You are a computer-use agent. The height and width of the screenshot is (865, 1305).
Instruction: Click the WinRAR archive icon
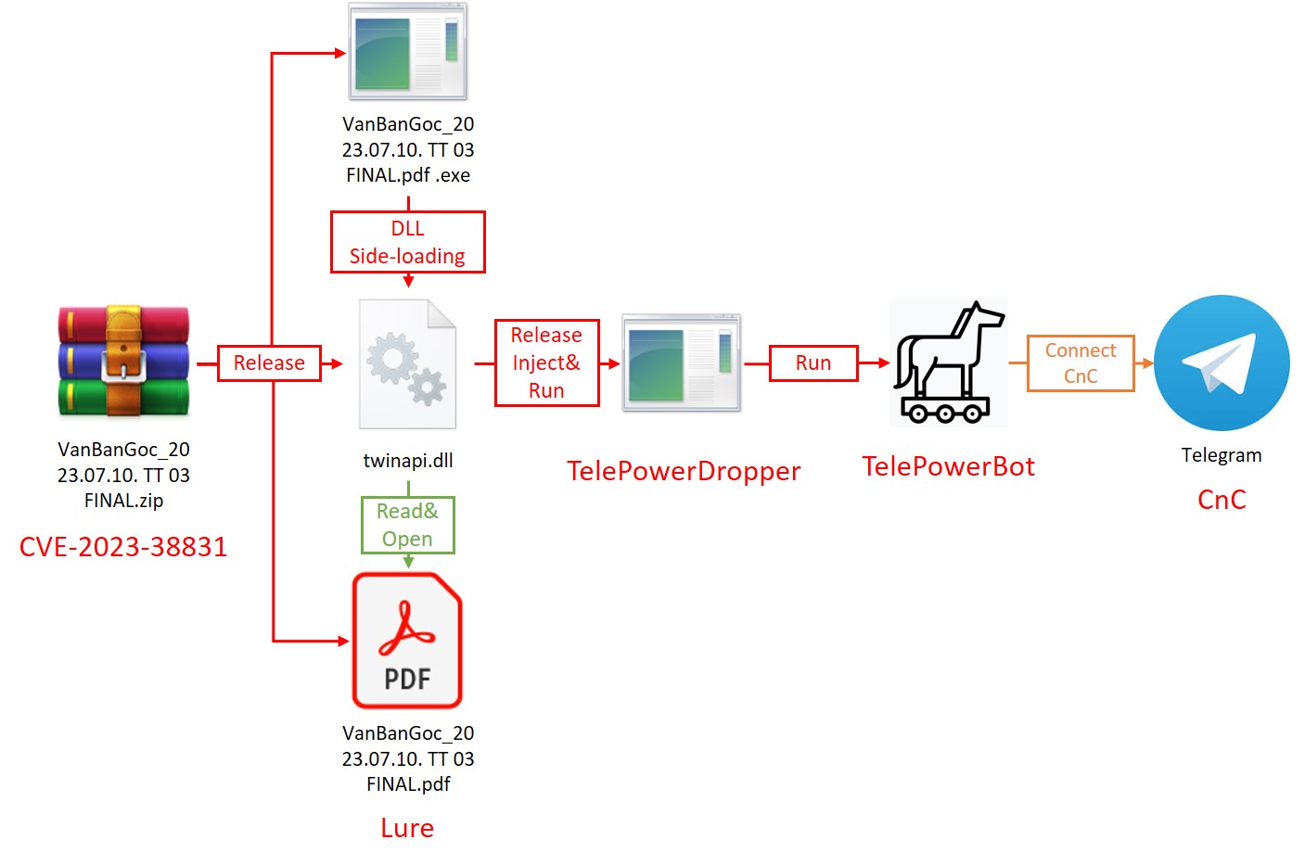pyautogui.click(x=123, y=362)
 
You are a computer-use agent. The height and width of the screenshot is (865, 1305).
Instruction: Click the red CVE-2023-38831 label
pyautogui.click(x=123, y=547)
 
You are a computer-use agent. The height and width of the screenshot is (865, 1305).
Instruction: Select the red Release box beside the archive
pyautogui.click(x=269, y=363)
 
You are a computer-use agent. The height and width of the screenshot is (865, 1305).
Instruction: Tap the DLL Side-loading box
pyautogui.click(x=407, y=242)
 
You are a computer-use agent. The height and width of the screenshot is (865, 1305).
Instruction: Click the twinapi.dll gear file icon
pyautogui.click(x=408, y=363)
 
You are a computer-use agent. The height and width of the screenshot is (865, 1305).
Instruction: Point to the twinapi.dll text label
pyautogui.click(x=408, y=461)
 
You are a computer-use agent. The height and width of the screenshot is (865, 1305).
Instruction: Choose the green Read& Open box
pyautogui.click(x=407, y=525)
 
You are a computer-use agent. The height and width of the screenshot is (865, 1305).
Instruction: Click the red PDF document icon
pyautogui.click(x=407, y=641)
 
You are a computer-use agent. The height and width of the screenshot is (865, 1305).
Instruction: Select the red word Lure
pyautogui.click(x=407, y=828)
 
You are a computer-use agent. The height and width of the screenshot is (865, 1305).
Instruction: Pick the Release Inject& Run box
pyautogui.click(x=546, y=363)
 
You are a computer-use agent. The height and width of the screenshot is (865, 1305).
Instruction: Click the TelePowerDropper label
pyautogui.click(x=684, y=471)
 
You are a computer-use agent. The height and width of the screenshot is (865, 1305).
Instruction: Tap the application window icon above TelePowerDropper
pyautogui.click(x=682, y=363)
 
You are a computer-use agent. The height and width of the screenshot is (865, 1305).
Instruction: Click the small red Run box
pyautogui.click(x=813, y=363)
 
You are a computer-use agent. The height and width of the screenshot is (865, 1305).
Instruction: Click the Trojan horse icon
pyautogui.click(x=948, y=363)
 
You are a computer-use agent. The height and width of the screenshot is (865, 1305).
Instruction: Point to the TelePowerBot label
pyautogui.click(x=948, y=466)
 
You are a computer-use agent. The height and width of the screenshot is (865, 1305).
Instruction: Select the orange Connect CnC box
pyautogui.click(x=1081, y=363)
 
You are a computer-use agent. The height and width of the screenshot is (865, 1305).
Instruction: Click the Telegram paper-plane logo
pyautogui.click(x=1222, y=363)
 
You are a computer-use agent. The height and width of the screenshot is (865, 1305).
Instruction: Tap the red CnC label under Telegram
pyautogui.click(x=1222, y=500)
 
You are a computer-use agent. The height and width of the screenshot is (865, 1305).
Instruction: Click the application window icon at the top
pyautogui.click(x=407, y=51)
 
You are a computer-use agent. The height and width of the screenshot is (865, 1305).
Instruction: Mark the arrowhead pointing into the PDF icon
pyautogui.click(x=344, y=641)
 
